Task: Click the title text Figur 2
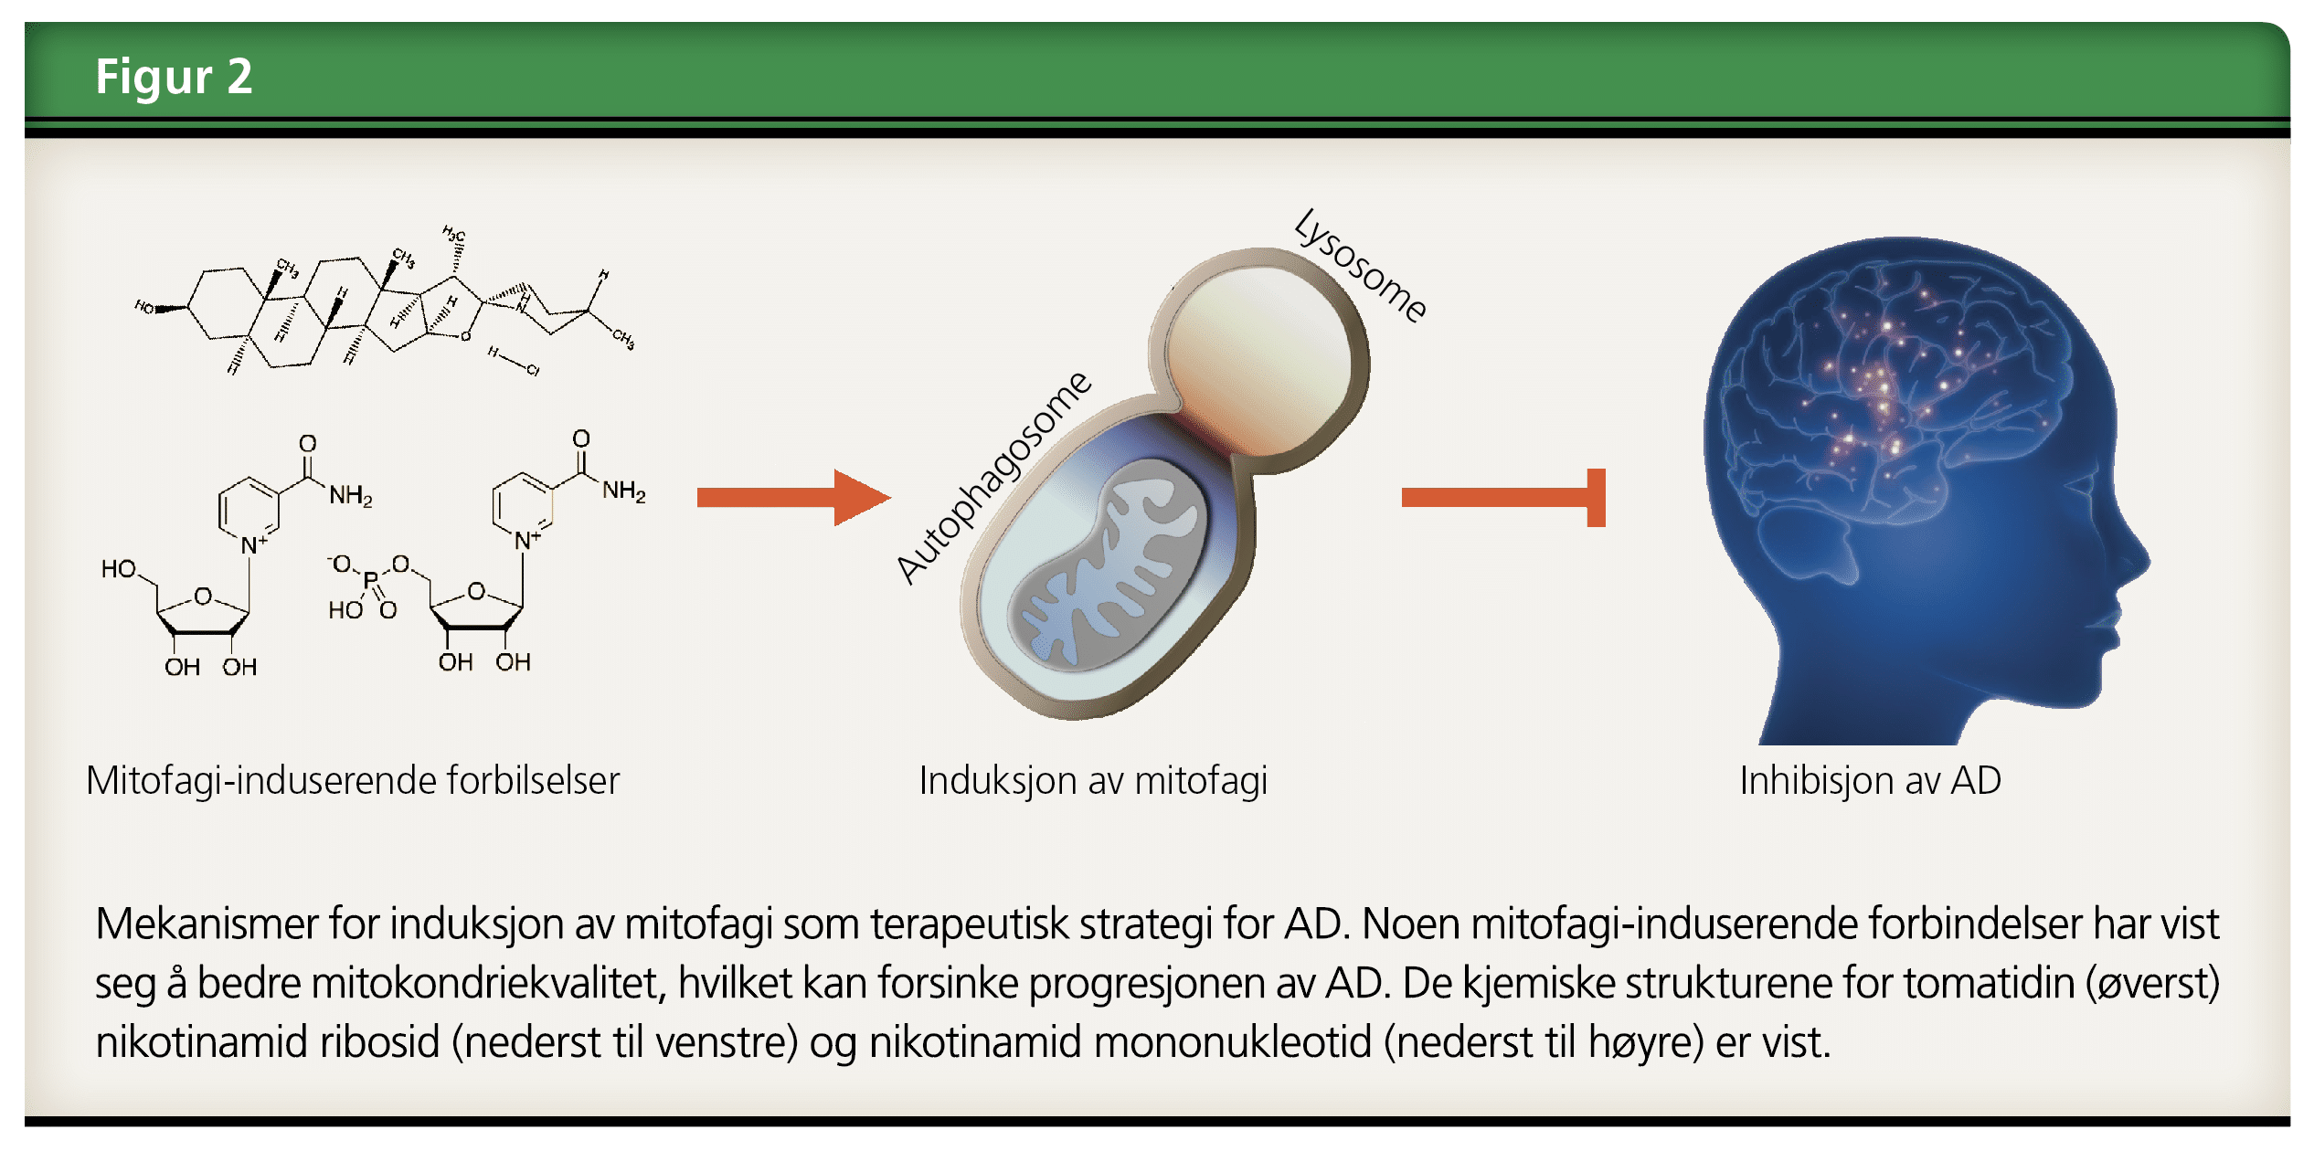pyautogui.click(x=174, y=76)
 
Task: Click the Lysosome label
pyautogui.click(x=1360, y=265)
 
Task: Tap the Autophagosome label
pyautogui.click(x=993, y=476)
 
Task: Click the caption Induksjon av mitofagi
pyautogui.click(x=1093, y=781)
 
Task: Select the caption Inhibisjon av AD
pyautogui.click(x=1870, y=781)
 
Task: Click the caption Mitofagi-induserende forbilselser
pyautogui.click(x=353, y=781)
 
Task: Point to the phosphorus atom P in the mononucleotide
pyautogui.click(x=370, y=580)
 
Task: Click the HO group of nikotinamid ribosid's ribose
pyautogui.click(x=119, y=569)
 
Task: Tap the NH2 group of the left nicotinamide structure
pyautogui.click(x=351, y=496)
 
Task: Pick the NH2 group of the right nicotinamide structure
pyautogui.click(x=624, y=491)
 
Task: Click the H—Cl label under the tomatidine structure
pyautogui.click(x=513, y=362)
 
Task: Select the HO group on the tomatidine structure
pyautogui.click(x=144, y=307)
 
